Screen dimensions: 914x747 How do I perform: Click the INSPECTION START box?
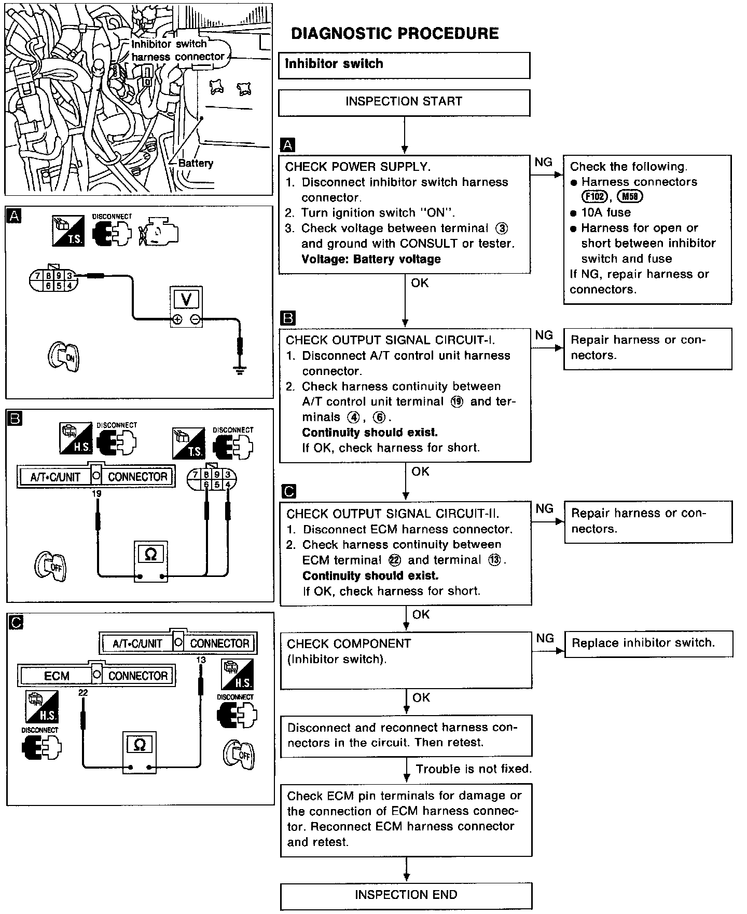coord(404,102)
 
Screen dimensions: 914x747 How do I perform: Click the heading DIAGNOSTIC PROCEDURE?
coord(394,34)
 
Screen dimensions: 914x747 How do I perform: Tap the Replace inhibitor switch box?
coord(648,643)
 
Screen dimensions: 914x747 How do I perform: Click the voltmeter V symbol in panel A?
coord(187,300)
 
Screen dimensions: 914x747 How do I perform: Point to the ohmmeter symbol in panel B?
coord(150,555)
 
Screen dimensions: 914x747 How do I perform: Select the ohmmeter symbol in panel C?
coord(140,745)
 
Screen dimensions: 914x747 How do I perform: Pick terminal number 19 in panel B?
coord(96,493)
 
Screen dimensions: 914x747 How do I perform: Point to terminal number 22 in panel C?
coord(83,693)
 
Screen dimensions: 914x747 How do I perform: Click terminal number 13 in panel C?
coord(201,660)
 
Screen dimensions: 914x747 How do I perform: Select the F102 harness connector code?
coord(594,197)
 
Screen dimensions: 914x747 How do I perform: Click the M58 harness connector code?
coord(630,197)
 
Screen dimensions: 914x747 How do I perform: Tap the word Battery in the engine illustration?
coord(196,163)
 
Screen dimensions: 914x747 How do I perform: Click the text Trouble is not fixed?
coord(474,769)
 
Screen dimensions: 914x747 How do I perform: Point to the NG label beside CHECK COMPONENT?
coord(545,638)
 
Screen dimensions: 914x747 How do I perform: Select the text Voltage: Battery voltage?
coord(371,259)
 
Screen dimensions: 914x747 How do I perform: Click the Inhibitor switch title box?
coord(404,65)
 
